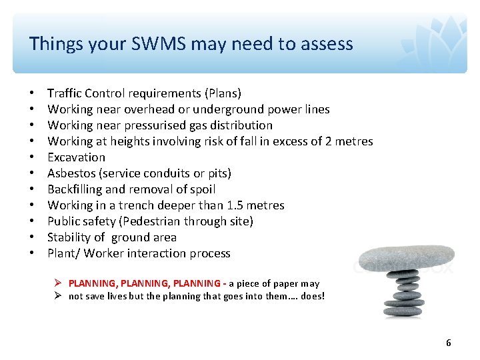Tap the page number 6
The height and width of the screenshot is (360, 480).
448,343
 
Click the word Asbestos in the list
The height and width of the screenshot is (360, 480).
70,173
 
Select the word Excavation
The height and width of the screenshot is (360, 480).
76,157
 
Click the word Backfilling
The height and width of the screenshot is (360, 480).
75,189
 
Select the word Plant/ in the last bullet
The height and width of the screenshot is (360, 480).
63,253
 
